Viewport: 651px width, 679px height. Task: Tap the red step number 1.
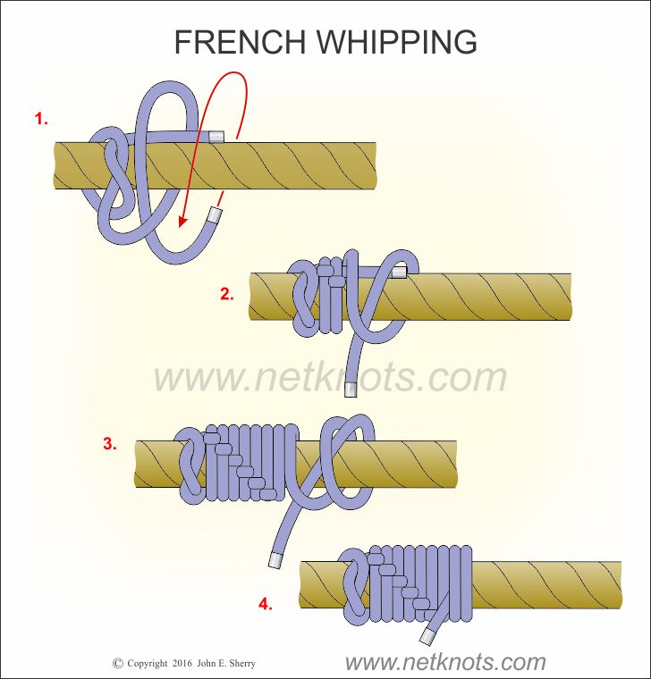click(x=40, y=118)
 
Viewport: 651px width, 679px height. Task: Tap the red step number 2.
click(x=227, y=293)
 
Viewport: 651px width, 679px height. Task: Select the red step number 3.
click(x=109, y=442)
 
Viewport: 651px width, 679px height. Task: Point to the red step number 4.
click(x=265, y=605)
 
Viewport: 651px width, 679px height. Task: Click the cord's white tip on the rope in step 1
click(x=217, y=137)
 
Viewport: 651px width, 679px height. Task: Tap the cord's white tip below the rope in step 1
click(x=215, y=214)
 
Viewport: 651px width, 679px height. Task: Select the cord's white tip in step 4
click(x=427, y=636)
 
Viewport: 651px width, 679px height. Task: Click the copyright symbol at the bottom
click(x=117, y=664)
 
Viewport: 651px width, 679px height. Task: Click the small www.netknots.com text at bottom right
click(x=444, y=662)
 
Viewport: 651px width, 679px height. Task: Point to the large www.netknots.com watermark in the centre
click(x=330, y=377)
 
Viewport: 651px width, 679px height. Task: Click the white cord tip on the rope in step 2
click(x=399, y=271)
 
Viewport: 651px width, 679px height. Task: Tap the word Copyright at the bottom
click(x=147, y=664)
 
